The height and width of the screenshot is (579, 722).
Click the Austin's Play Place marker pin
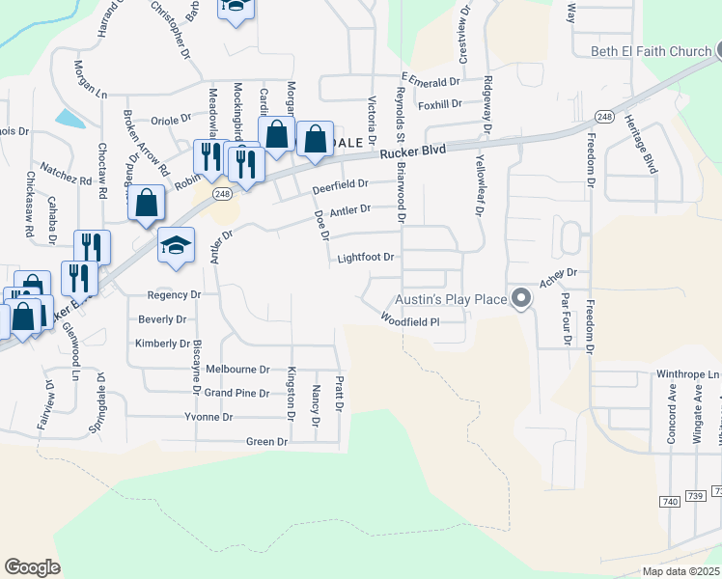[x=521, y=298]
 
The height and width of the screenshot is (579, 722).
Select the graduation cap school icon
[x=177, y=245]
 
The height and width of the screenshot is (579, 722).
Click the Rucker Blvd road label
[x=412, y=152]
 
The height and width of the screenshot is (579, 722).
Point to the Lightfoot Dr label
[x=366, y=258]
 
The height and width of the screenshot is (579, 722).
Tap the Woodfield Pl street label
[x=410, y=320]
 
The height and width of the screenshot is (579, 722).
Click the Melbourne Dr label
[x=237, y=369]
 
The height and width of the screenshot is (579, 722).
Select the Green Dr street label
[x=267, y=441]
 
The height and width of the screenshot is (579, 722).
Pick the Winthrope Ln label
[x=688, y=373]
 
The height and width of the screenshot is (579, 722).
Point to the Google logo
[x=33, y=566]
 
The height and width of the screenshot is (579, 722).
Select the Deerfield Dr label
[x=341, y=183]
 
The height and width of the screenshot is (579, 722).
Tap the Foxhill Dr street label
[x=441, y=103]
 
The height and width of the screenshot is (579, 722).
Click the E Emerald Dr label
[x=433, y=81]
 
